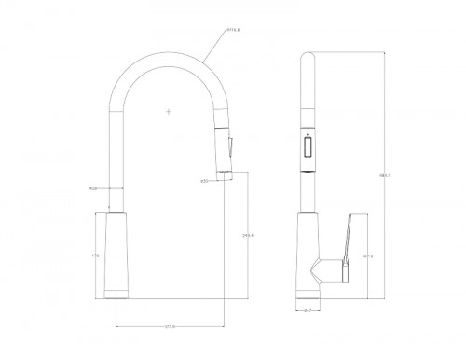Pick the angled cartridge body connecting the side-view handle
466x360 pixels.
point(327,271)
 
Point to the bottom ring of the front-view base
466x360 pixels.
point(115,295)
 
